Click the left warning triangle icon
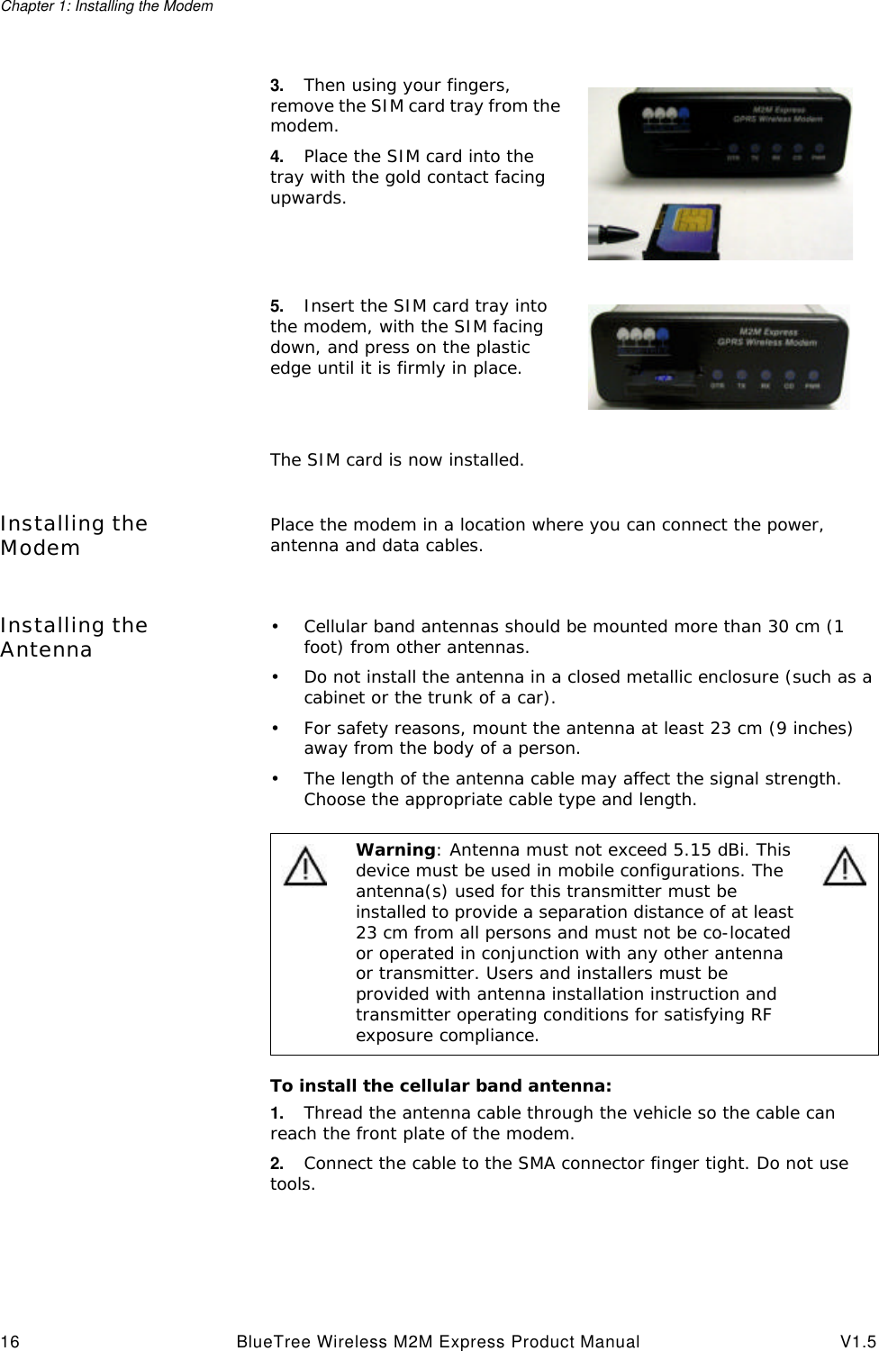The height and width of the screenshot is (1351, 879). coord(305,866)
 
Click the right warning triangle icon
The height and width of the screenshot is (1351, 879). coord(845,866)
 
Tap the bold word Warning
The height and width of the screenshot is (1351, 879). coord(395,850)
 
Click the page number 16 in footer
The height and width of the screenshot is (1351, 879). coord(10,1342)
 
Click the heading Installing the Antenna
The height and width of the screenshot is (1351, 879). coord(74,637)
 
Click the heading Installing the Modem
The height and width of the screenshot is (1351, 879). coord(74,535)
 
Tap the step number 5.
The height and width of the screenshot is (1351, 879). coord(276,306)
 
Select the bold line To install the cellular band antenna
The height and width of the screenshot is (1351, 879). coord(440,1085)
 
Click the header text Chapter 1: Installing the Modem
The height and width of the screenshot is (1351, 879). coord(106,7)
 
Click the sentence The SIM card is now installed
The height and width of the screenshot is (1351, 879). coord(396,460)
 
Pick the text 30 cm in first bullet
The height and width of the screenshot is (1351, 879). coord(793,627)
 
